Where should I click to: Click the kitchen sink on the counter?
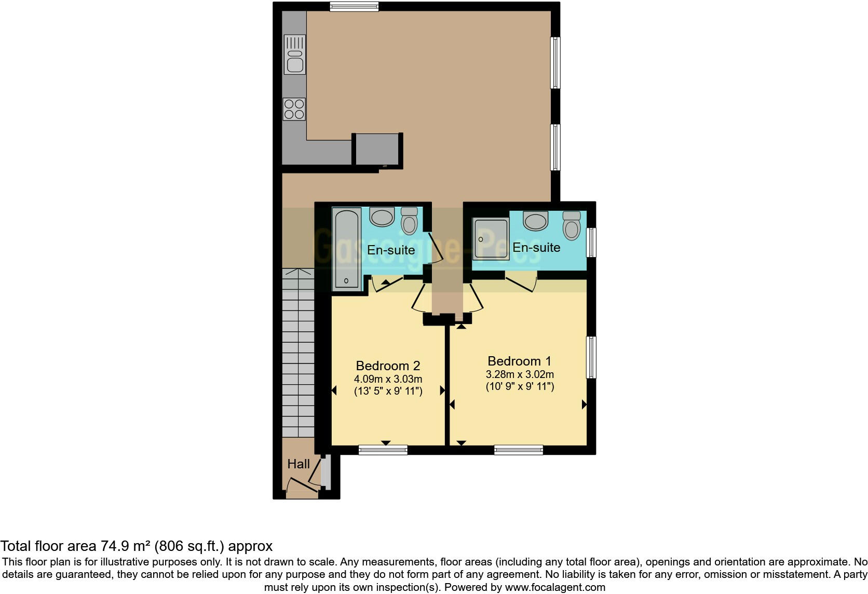pos(294,54)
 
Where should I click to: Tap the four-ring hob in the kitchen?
pos(294,110)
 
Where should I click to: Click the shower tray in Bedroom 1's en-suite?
pos(490,238)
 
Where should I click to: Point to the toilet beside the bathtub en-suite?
pos(410,222)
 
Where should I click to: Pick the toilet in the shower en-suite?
pos(572,226)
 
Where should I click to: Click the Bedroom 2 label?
pos(388,366)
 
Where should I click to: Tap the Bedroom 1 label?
pos(519,361)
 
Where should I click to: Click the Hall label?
pos(299,464)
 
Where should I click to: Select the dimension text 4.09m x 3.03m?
pos(388,379)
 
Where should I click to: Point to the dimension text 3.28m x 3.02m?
pos(520,374)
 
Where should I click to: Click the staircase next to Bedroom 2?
pos(299,353)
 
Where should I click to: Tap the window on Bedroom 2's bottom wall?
pos(383,450)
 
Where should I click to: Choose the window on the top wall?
pos(354,7)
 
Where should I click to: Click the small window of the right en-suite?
pos(591,242)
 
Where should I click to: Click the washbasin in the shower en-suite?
pos(536,221)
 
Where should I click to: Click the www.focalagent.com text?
pos(554,587)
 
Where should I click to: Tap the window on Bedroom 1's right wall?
pos(591,357)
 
